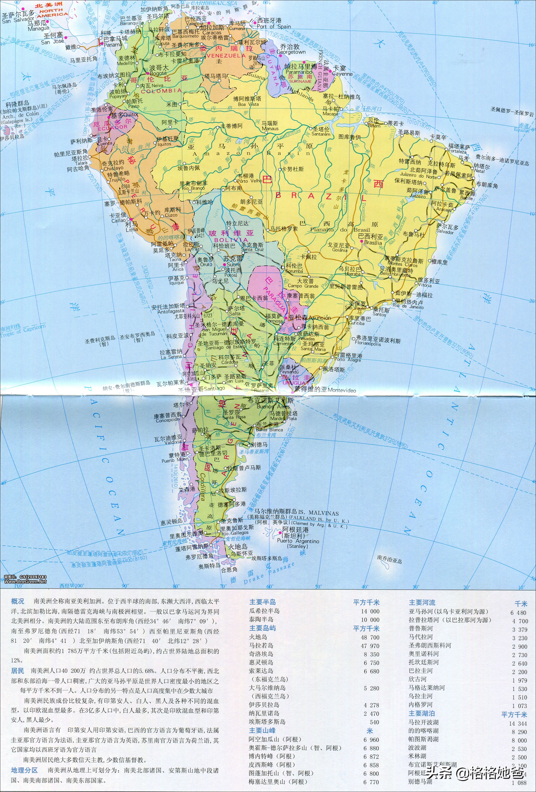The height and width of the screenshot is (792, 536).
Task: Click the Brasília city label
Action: (373, 243)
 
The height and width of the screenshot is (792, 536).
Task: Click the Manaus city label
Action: (270, 129)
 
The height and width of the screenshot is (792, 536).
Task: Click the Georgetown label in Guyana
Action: (291, 52)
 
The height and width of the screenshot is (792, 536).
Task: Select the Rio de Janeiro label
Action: (408, 307)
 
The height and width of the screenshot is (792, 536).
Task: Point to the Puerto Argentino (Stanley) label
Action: (298, 541)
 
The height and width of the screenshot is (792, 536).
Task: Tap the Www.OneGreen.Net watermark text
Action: (26, 581)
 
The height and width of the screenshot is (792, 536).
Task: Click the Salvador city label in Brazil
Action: (445, 232)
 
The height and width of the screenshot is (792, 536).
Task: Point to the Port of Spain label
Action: (274, 26)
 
